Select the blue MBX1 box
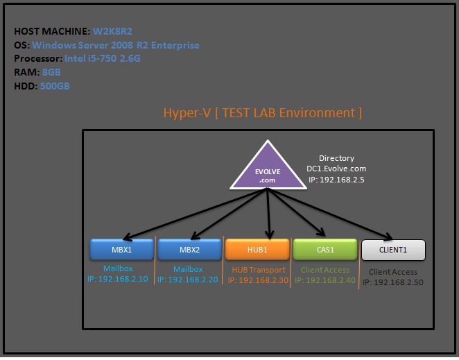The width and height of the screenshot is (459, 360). click(x=121, y=249)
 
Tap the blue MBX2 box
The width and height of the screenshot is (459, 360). click(x=188, y=249)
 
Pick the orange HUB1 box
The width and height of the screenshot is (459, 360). click(x=257, y=249)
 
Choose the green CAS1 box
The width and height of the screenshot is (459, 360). click(x=324, y=249)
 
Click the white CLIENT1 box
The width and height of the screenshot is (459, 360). click(x=393, y=250)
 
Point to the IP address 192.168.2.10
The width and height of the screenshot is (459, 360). click(x=118, y=279)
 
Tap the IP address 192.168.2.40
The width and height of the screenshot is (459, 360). click(x=324, y=280)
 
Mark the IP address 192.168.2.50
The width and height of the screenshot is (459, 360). click(x=394, y=282)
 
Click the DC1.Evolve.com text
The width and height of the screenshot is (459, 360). click(x=336, y=169)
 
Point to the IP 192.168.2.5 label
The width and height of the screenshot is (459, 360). click(x=336, y=179)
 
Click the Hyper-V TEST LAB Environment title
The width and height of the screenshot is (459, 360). click(x=262, y=112)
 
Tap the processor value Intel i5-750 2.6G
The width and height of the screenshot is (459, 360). click(x=112, y=59)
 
